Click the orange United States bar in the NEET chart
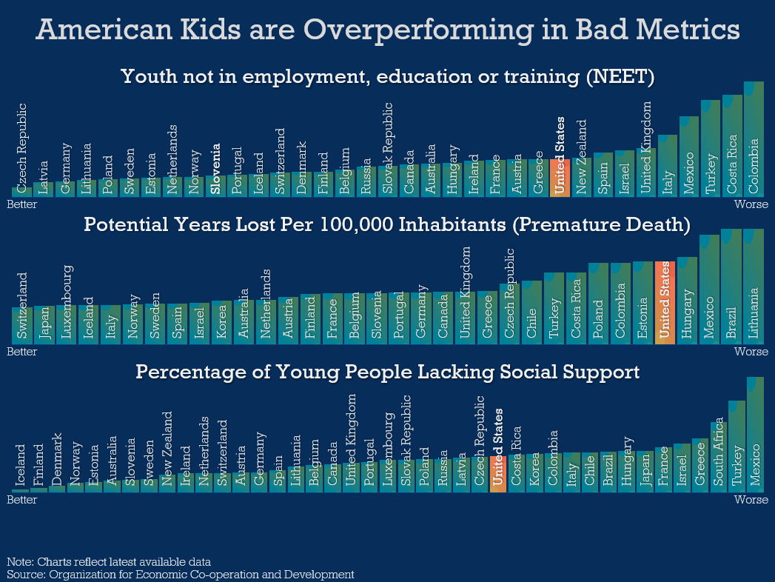[560, 178]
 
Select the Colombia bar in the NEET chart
[754, 139]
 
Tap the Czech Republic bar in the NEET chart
[21, 192]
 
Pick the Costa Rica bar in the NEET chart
[732, 146]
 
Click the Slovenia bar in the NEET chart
[215, 186]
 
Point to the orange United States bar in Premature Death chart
[665, 303]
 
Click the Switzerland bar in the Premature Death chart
[22, 326]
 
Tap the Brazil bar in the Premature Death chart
[731, 287]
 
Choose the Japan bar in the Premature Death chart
[44, 325]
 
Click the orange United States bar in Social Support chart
[498, 474]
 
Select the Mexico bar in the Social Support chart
[755, 435]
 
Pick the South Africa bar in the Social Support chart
[719, 457]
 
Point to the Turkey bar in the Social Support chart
[737, 446]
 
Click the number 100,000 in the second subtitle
[355, 224]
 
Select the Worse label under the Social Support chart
[751, 499]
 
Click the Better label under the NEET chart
[21, 204]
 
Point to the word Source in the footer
[26, 575]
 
